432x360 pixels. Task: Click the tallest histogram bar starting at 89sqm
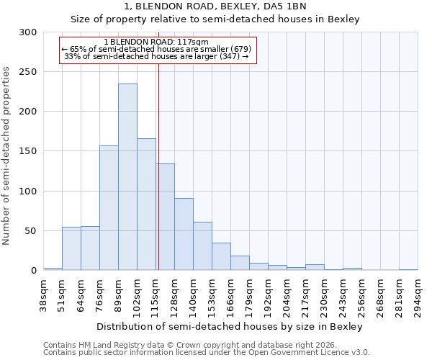[127, 177]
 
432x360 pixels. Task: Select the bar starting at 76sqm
[109, 208]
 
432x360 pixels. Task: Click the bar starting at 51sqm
[71, 248]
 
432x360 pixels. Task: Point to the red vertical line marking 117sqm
[158, 166]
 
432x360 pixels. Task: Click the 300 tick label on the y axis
[28, 32]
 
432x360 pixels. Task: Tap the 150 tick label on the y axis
[28, 151]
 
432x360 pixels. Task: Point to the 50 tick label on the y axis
[31, 231]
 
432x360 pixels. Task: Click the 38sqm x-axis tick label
[43, 294]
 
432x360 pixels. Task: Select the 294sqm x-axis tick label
[418, 294]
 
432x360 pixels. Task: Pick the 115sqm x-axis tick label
[156, 294]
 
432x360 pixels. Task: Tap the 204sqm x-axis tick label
[287, 294]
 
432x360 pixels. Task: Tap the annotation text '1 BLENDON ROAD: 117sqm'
[156, 42]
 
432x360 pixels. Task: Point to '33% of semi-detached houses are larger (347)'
[156, 56]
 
